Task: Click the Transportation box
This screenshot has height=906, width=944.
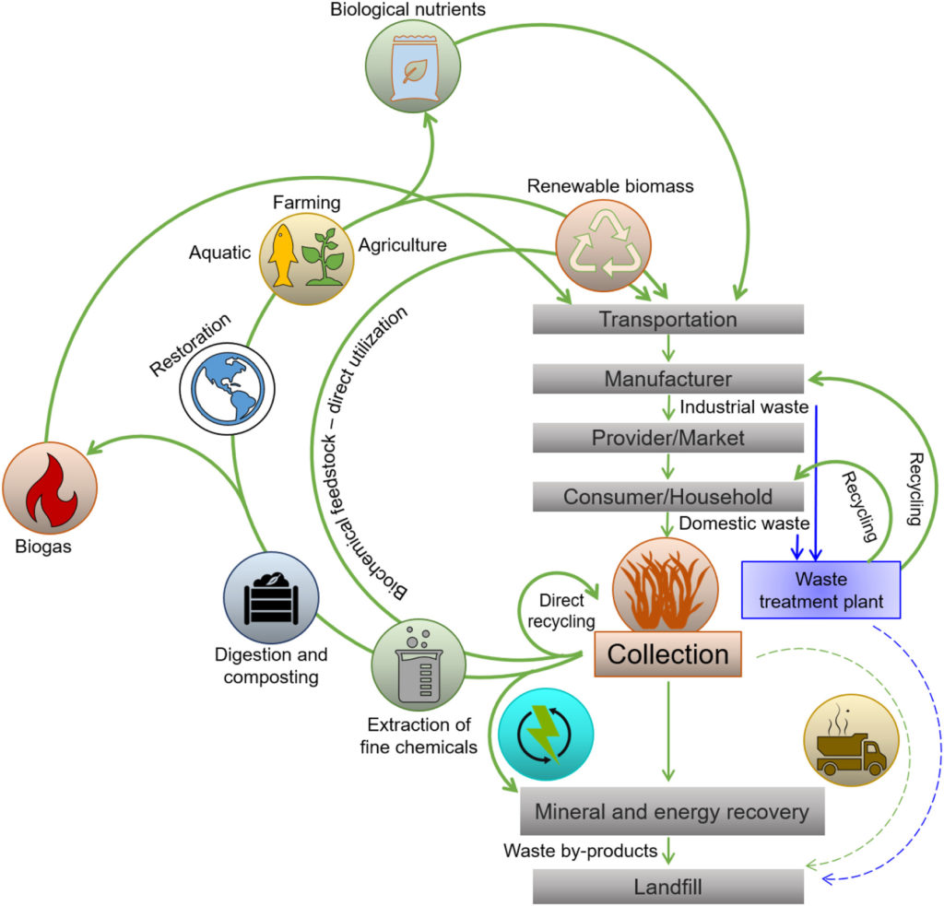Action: pos(668,320)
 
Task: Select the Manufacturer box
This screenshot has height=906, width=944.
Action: pos(668,379)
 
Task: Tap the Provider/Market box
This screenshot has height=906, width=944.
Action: pos(668,438)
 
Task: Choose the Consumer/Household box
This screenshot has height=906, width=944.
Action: pos(668,497)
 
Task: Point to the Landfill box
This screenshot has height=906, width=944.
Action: pos(668,888)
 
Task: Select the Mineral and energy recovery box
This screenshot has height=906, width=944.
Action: pos(671,813)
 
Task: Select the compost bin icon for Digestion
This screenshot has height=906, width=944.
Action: pos(270,598)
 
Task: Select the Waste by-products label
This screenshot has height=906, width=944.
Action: pos(579,850)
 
